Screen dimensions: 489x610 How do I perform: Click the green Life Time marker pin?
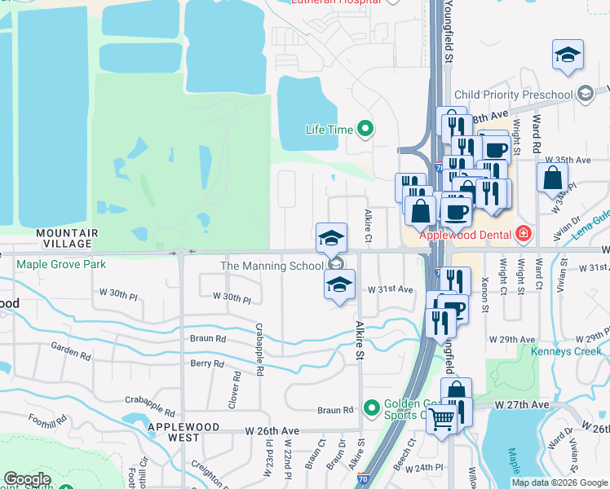(365, 129)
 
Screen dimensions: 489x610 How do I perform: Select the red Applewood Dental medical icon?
(523, 236)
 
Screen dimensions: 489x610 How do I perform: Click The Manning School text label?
(272, 266)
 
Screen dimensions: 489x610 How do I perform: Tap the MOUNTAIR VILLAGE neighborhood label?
(67, 238)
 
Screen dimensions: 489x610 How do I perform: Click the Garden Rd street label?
(70, 351)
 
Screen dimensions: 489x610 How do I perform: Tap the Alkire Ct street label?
(369, 226)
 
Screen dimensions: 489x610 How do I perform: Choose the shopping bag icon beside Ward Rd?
(552, 178)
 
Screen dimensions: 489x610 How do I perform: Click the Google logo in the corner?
(27, 479)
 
